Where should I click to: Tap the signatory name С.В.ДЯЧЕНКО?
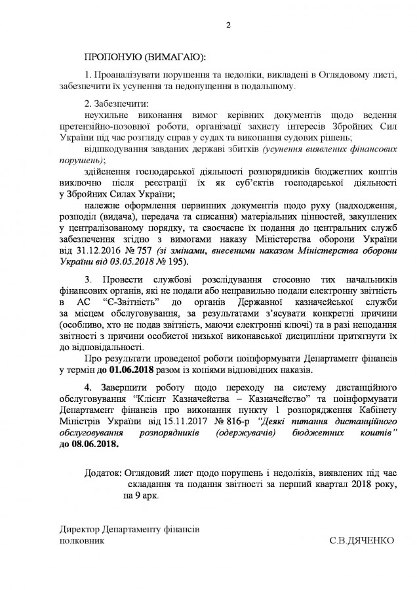[x=362, y=541]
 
